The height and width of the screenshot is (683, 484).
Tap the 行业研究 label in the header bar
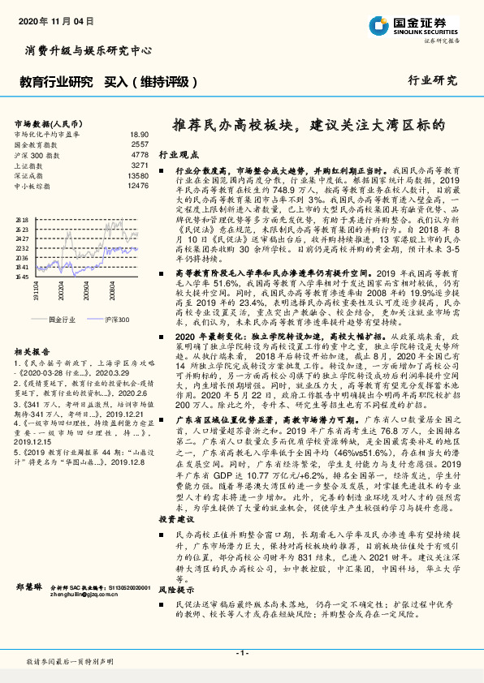click(432, 81)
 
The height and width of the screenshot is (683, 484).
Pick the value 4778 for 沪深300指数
click(140, 154)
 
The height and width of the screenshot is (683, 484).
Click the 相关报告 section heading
click(32, 351)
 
